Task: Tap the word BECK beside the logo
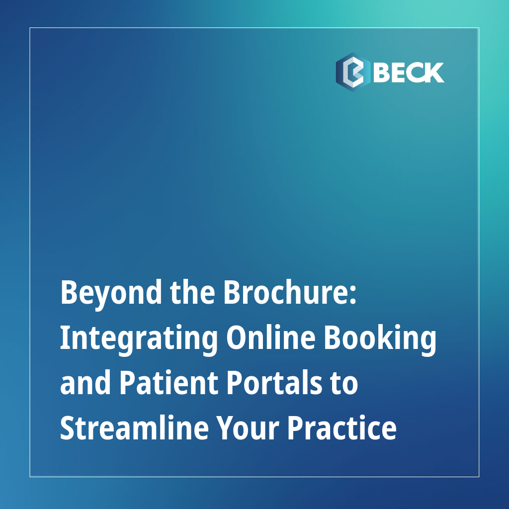click(x=408, y=73)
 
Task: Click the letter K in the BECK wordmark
click(x=432, y=73)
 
